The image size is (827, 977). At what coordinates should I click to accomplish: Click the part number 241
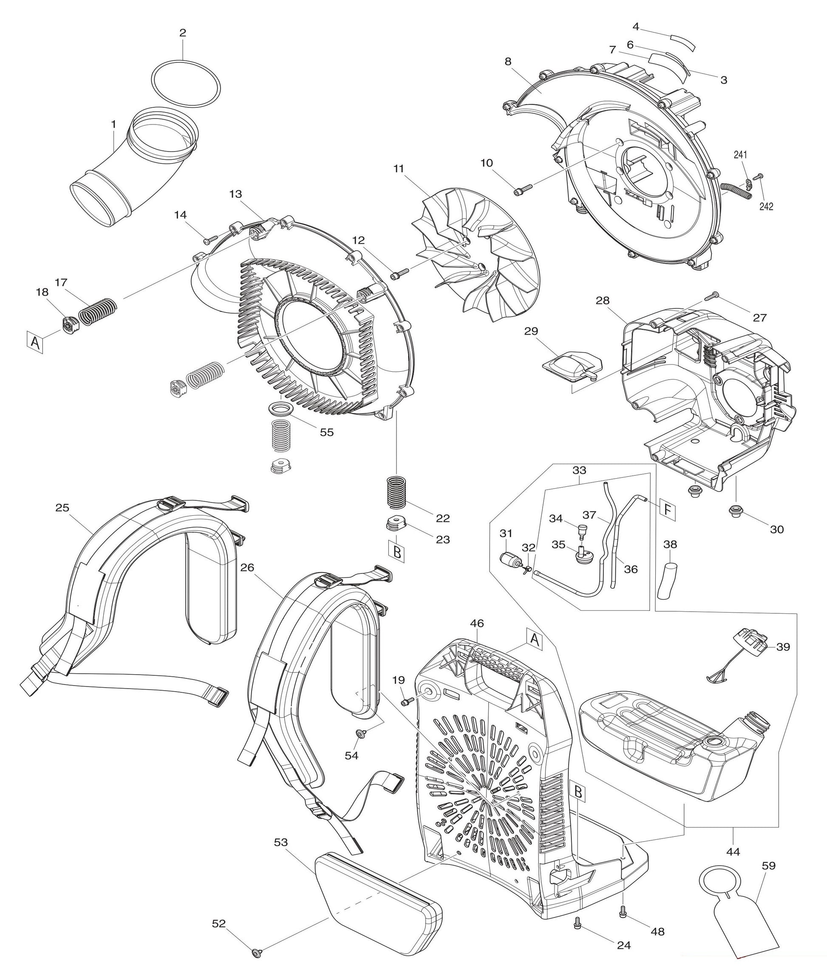(741, 155)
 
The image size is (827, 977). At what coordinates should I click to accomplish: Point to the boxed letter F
(668, 508)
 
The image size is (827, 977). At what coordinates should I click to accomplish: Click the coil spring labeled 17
(97, 310)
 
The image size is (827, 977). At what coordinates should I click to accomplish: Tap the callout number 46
(477, 624)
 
